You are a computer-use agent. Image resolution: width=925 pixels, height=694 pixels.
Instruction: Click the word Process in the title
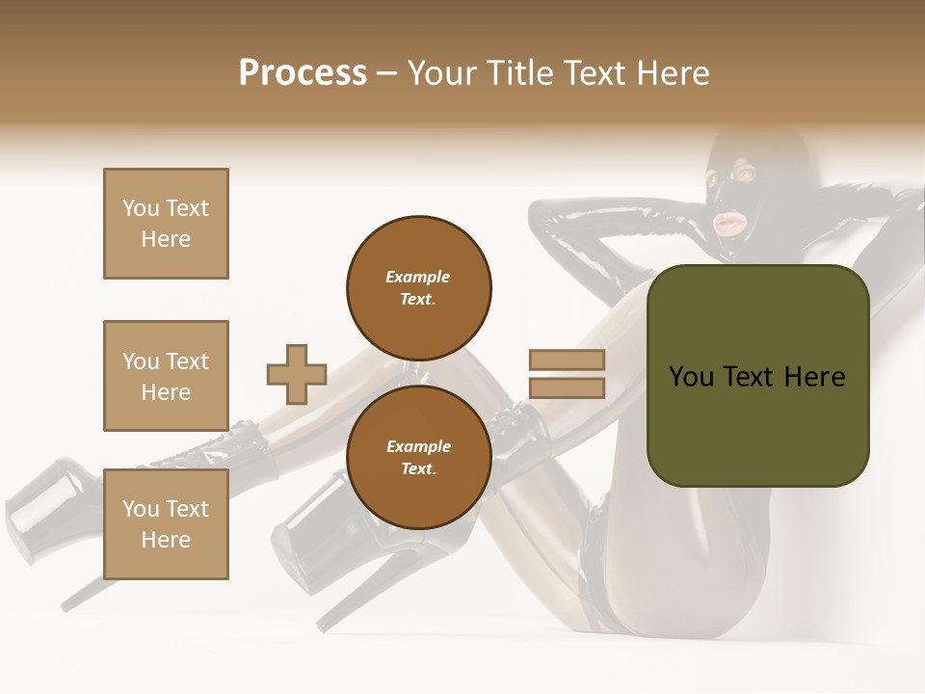(303, 73)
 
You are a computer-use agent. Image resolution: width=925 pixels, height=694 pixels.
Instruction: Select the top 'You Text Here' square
(166, 224)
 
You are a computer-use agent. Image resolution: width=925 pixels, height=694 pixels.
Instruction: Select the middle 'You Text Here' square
(166, 376)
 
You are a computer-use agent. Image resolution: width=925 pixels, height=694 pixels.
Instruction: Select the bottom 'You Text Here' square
(166, 524)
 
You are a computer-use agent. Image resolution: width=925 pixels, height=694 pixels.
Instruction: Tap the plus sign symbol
(297, 374)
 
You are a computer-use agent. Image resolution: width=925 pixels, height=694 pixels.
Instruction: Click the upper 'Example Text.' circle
(418, 288)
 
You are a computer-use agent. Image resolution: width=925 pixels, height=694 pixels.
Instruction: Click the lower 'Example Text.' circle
(418, 458)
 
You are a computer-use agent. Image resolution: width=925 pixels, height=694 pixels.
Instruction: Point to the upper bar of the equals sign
(567, 360)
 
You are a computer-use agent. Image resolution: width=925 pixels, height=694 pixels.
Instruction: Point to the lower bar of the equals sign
(567, 387)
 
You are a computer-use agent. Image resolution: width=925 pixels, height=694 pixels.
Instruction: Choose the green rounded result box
(757, 424)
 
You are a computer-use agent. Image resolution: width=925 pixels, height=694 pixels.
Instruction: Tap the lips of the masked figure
(727, 225)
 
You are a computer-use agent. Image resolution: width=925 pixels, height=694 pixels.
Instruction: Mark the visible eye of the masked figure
(744, 173)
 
